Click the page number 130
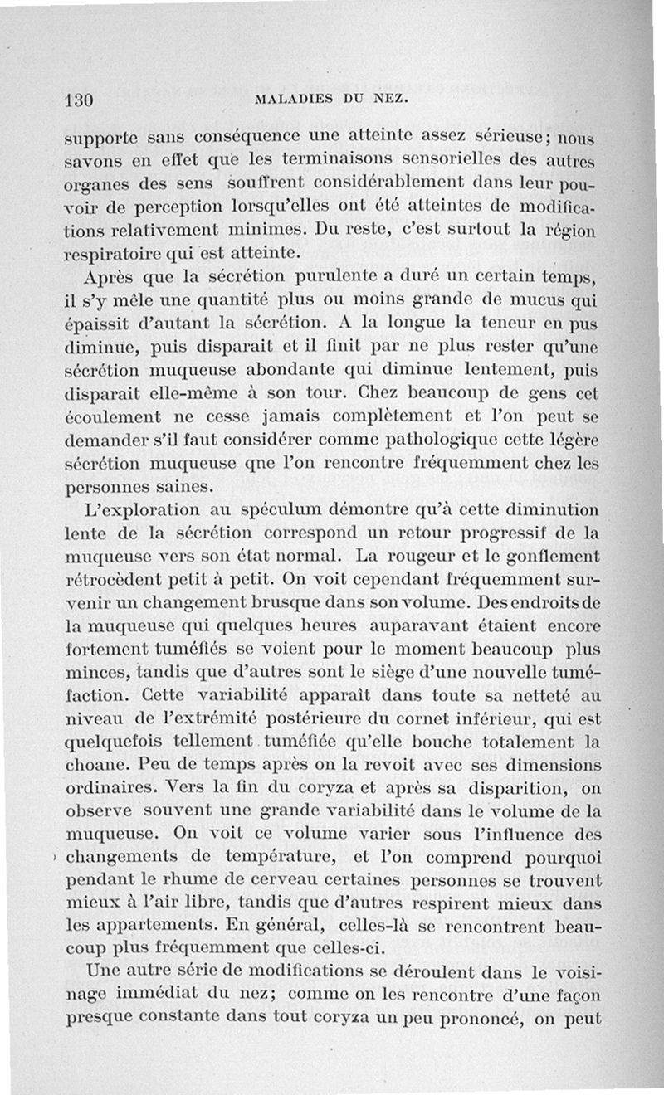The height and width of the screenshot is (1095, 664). click(x=77, y=100)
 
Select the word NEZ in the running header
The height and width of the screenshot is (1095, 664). click(x=386, y=100)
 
